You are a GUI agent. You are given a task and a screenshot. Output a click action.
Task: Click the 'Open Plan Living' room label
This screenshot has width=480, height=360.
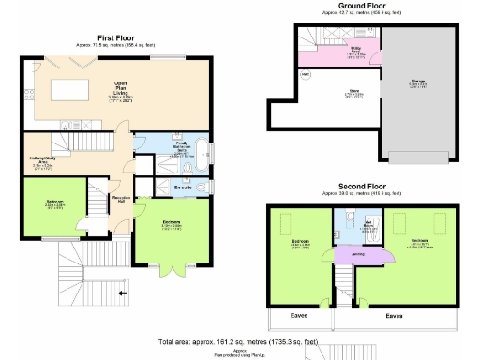coord(121,87)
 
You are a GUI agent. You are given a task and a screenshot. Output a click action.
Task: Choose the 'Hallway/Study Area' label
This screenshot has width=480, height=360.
coord(45,160)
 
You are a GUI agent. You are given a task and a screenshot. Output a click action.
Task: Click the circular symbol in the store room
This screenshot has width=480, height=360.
coord(305,74)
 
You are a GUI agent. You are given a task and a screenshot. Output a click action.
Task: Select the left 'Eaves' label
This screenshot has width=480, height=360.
coord(299,316)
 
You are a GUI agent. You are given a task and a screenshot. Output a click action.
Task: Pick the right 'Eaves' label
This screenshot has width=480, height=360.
coord(395,316)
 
